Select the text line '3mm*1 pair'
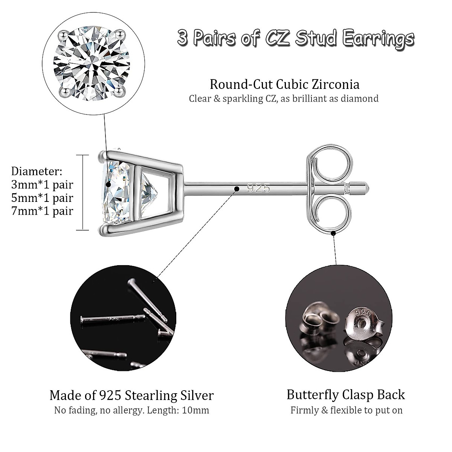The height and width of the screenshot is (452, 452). tap(42, 185)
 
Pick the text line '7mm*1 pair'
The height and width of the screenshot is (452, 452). tap(42, 211)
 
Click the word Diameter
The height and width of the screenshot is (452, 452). tap(37, 171)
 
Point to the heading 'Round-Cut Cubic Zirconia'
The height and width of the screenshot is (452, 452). tap(284, 84)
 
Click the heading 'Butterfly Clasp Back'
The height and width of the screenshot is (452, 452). tap(345, 394)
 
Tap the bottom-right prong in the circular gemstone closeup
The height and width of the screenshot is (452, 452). tap(120, 90)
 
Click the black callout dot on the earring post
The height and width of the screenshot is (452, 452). tap(237, 188)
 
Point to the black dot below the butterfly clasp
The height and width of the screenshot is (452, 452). tap(333, 234)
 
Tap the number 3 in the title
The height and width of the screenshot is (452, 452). tap(182, 39)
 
